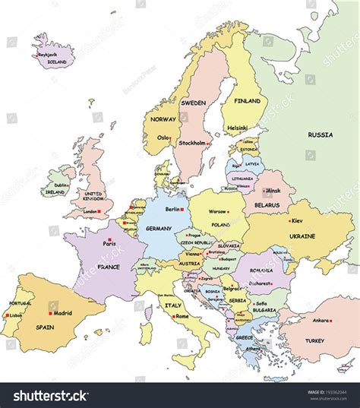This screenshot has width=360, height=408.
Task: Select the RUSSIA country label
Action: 320,134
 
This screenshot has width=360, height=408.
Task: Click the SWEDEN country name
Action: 193,102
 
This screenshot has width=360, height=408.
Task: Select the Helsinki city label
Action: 237,128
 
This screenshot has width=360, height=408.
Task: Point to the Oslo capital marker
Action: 171,138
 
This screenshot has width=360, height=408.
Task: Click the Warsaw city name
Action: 218,211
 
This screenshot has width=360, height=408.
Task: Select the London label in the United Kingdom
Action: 90,211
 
